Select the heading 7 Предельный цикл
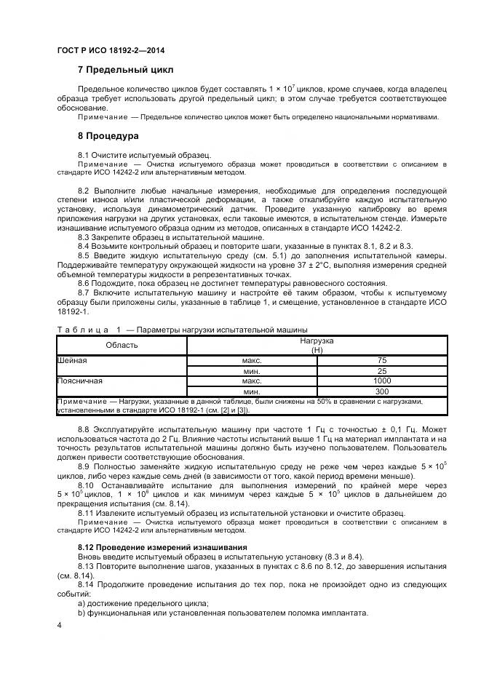point(125,70)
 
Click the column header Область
point(122,345)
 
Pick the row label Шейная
point(72,360)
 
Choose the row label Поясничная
point(79,381)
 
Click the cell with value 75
point(382,360)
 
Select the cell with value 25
point(382,370)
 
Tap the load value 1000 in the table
point(382,381)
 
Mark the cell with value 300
point(382,391)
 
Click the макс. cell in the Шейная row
point(252,360)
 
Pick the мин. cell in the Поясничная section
point(252,391)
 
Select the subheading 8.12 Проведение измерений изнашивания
point(162,546)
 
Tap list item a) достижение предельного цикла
point(143,603)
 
